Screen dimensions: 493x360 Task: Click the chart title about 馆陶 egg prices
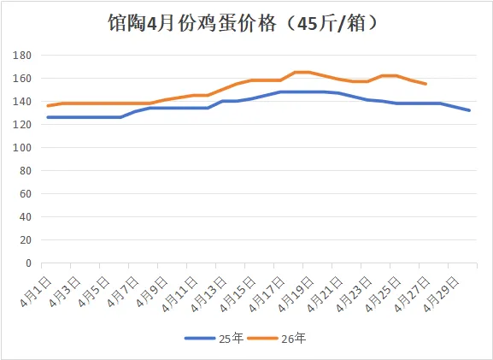click(x=243, y=23)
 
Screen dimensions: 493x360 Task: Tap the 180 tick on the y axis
click(x=22, y=56)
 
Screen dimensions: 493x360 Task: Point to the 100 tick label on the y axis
click(x=22, y=148)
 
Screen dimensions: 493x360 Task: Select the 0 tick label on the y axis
click(x=28, y=263)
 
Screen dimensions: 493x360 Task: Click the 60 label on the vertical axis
click(x=25, y=194)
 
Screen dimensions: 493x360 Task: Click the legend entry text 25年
click(x=232, y=339)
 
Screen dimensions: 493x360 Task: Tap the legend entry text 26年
click(x=294, y=339)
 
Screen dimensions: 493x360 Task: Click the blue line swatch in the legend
click(x=200, y=339)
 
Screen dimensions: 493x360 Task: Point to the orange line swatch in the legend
click(x=262, y=339)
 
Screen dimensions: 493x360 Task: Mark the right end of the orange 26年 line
click(x=426, y=84)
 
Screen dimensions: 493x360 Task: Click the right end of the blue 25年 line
click(x=469, y=110)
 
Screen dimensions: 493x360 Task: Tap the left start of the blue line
click(x=48, y=117)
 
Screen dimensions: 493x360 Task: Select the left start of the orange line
click(x=48, y=106)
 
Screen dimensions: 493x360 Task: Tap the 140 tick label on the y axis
click(x=22, y=101)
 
